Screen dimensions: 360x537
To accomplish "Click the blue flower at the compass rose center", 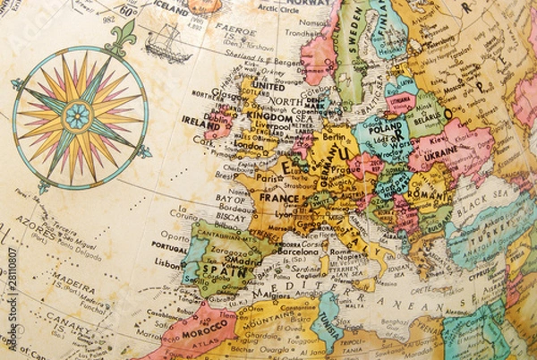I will (79, 115).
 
